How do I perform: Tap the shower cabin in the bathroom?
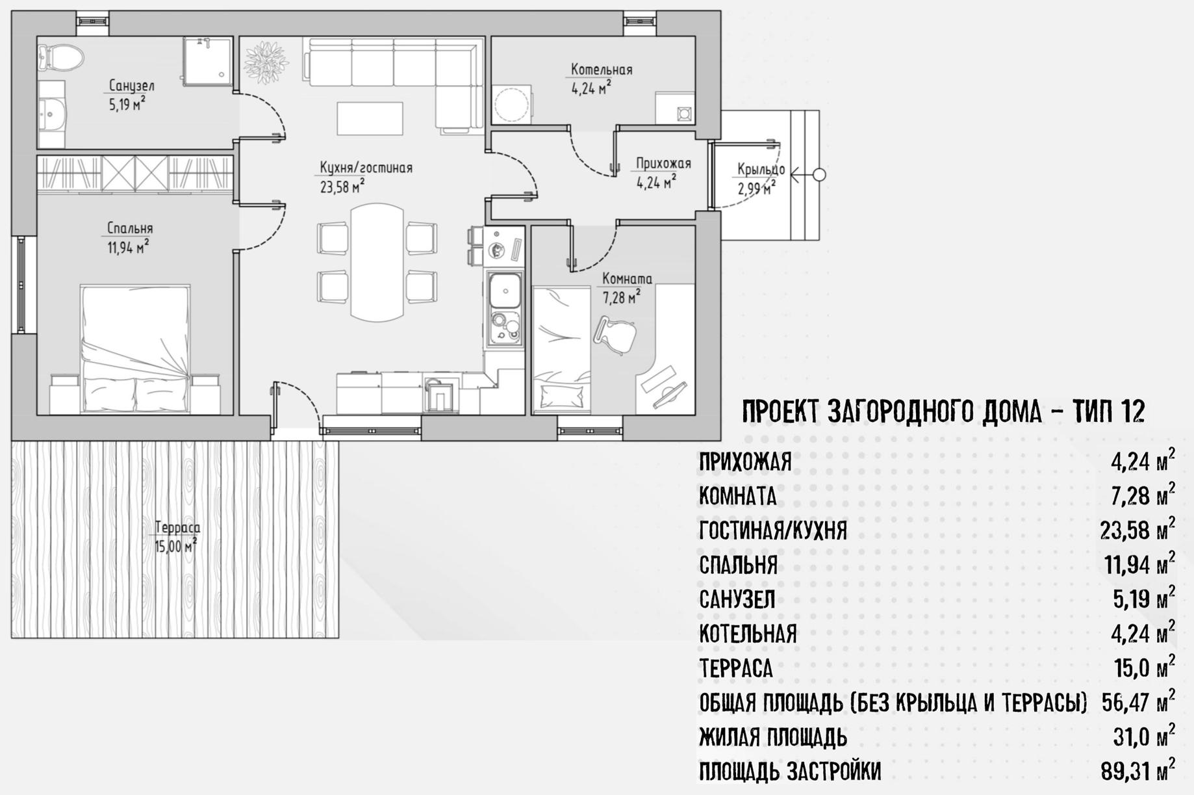207,61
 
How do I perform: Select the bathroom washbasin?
51,114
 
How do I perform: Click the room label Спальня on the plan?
130,228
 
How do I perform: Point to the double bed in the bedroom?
136,349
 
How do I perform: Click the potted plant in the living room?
266,62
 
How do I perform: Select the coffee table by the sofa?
370,118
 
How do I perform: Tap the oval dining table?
377,263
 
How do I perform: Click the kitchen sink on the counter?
505,290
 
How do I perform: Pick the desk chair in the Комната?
615,335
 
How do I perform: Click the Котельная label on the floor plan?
602,70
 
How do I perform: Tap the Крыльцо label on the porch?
761,170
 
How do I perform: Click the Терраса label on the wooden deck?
177,527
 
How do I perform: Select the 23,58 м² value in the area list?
1137,529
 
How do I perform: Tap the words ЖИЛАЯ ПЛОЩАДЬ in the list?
773,737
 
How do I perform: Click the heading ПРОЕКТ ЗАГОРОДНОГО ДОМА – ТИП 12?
943,411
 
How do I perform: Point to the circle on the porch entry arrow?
819,175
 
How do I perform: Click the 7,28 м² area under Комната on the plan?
621,298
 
